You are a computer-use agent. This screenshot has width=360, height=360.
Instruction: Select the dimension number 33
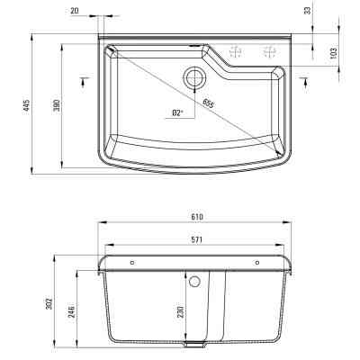[309, 10]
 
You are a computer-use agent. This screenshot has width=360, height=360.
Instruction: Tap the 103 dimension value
[333, 53]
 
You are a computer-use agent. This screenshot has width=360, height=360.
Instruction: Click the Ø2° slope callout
[177, 112]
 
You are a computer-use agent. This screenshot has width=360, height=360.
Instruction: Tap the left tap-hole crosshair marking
[236, 51]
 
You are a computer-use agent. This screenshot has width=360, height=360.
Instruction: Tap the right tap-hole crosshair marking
[267, 51]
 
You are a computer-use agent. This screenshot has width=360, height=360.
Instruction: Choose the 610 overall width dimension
[197, 217]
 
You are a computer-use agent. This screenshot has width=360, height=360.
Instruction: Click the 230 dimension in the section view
[181, 312]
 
